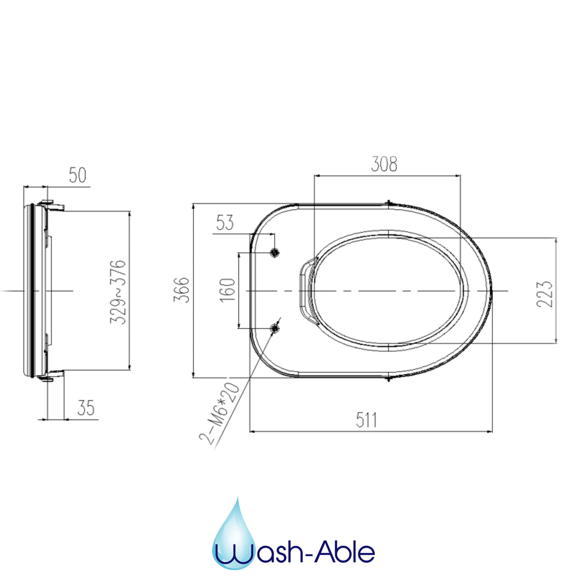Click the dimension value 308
[x=384, y=164]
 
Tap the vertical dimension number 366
[x=182, y=290]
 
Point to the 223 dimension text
[x=544, y=293]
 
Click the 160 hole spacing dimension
[x=228, y=290]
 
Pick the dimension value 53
[x=225, y=223]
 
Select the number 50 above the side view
[x=77, y=175]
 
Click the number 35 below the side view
[x=86, y=408]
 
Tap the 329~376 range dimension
[x=118, y=292]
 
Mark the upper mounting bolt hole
[x=275, y=252]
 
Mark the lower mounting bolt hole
[x=275, y=328]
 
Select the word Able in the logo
[x=345, y=552]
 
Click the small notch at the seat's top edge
[x=389, y=203]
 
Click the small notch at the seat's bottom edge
[x=389, y=379]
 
